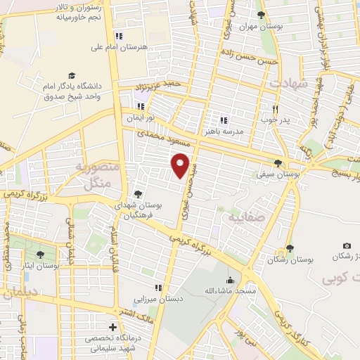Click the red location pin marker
181,165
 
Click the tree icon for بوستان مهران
261,15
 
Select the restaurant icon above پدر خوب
276,109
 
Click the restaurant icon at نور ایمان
141,106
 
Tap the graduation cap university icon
71,75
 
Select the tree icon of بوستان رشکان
289,249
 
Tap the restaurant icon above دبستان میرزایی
159,288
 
